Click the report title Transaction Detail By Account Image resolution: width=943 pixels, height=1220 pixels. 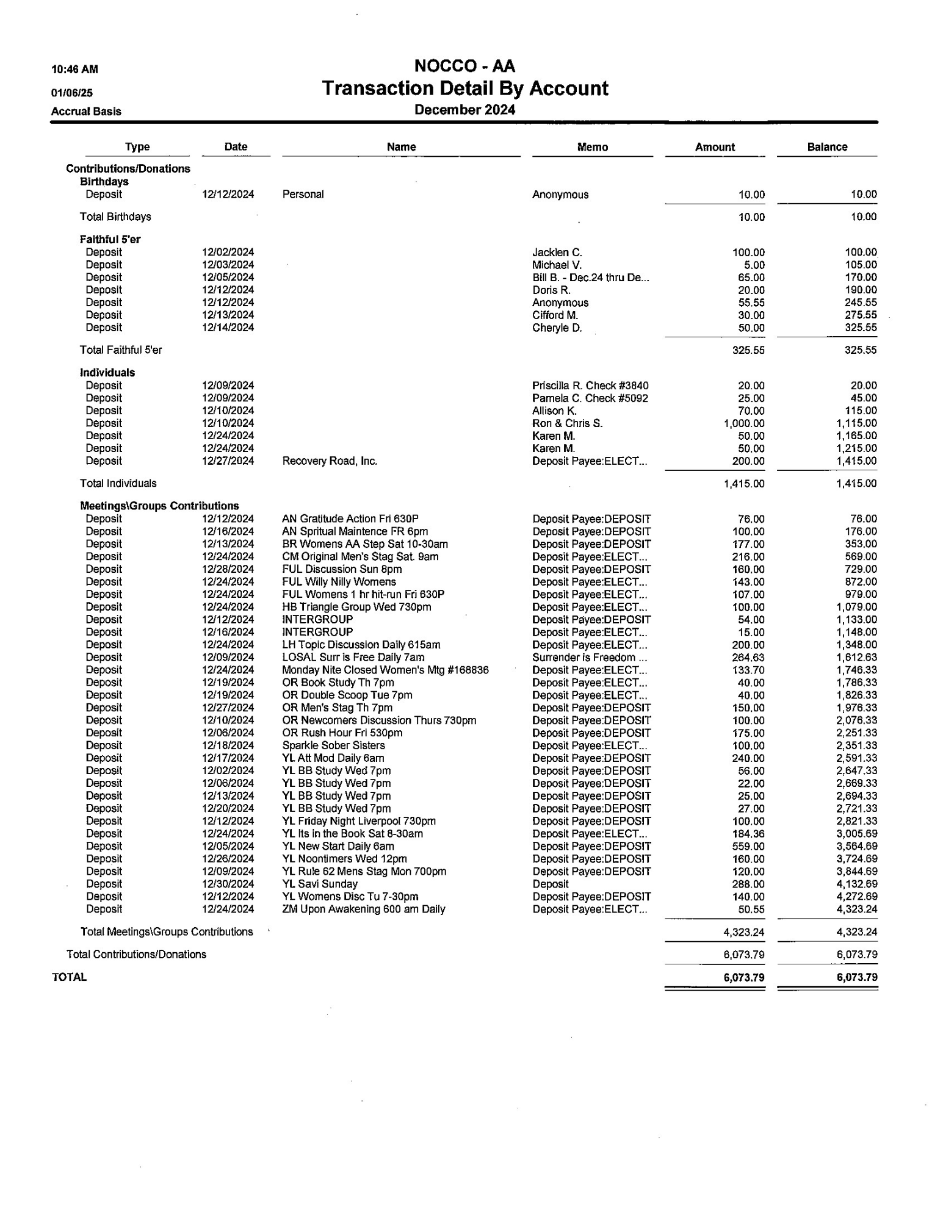point(464,88)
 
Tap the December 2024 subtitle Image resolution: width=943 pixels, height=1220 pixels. point(464,110)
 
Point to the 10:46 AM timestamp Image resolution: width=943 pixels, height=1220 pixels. point(74,70)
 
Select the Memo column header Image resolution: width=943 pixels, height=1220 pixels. point(592,147)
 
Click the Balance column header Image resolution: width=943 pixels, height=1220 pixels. point(826,147)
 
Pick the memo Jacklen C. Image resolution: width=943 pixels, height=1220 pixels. point(557,253)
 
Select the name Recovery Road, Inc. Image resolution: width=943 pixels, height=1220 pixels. point(330,461)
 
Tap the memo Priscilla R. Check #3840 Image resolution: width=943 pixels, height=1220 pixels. point(590,386)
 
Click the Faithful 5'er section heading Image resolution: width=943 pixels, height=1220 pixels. point(110,239)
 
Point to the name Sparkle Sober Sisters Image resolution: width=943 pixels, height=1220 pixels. point(333,745)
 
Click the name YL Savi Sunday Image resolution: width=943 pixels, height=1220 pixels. point(320,884)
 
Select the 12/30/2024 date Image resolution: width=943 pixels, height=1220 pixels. point(228,884)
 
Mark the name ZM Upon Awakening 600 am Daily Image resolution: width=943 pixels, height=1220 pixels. point(363,909)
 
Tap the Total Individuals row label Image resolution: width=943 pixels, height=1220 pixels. point(118,483)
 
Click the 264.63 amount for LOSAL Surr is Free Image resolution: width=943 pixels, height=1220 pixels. point(748,658)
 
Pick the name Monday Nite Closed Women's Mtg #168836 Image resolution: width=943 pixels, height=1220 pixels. point(385,670)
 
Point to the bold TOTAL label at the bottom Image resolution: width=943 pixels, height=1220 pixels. point(70,977)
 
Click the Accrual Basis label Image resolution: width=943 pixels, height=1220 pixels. point(86,112)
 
